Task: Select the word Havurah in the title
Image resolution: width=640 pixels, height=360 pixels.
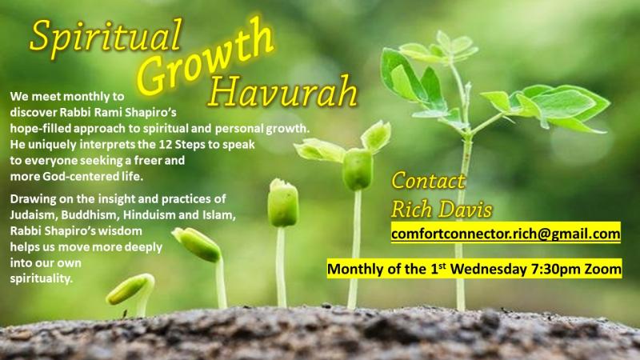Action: click(x=282, y=91)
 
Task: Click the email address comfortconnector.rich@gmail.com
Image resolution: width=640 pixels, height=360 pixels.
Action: click(x=506, y=234)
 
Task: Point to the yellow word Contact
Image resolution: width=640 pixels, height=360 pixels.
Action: click(x=428, y=181)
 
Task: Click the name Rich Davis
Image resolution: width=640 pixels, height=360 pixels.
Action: click(x=442, y=210)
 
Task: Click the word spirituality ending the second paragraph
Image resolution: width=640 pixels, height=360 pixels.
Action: click(x=42, y=278)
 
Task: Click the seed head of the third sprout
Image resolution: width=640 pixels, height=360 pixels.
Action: click(x=283, y=203)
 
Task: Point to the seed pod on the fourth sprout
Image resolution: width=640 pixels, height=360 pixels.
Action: click(x=358, y=169)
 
